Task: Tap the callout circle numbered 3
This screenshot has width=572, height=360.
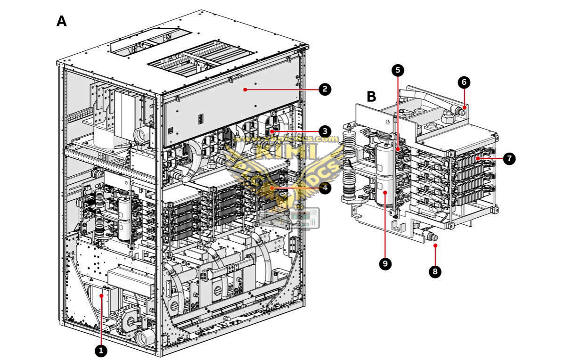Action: [x=324, y=131]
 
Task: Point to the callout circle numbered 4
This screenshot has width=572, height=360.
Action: [x=324, y=188]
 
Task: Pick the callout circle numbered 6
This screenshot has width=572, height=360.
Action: [x=464, y=82]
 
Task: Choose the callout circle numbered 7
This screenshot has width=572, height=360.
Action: [x=509, y=159]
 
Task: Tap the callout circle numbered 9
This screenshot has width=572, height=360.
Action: [x=385, y=264]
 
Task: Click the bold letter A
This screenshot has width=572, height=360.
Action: [x=62, y=21]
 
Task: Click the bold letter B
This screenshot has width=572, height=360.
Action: [x=371, y=97]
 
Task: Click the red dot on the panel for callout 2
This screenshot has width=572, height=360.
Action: [x=245, y=88]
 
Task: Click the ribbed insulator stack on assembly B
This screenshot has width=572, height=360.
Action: [x=350, y=165]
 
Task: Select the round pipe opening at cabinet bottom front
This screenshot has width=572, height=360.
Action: [x=147, y=337]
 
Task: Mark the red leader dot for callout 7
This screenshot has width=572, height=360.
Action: [x=477, y=159]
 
